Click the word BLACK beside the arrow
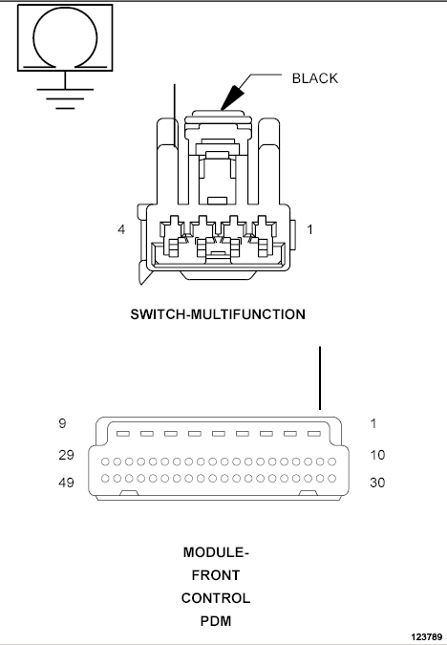(x=314, y=78)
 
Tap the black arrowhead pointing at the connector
(x=232, y=97)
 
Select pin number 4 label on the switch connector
(x=121, y=229)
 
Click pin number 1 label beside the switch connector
(x=309, y=229)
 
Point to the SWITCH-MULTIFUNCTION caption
(x=218, y=314)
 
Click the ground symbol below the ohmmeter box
(x=65, y=94)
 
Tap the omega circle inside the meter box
(x=65, y=38)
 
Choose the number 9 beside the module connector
(x=62, y=423)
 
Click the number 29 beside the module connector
(x=66, y=455)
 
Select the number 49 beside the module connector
(x=66, y=483)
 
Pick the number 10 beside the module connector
(x=377, y=455)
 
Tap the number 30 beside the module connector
(x=377, y=483)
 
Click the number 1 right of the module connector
(x=373, y=423)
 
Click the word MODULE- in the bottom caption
(x=216, y=552)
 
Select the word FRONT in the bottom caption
(x=216, y=575)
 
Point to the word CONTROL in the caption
(x=216, y=598)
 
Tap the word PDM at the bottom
(x=216, y=621)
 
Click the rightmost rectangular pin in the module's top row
(x=314, y=434)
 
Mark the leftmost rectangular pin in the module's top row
(x=123, y=434)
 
